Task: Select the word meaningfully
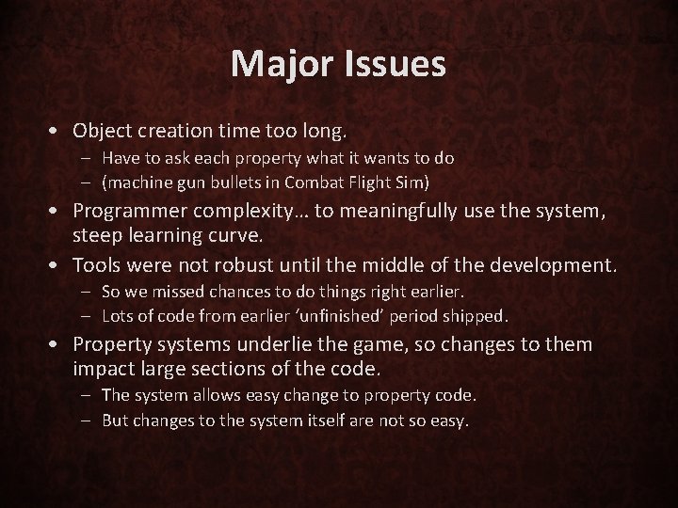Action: [x=402, y=212]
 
